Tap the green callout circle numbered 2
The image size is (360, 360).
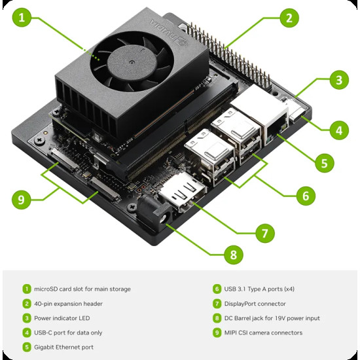coord(289,18)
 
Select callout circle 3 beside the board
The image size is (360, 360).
coord(338,81)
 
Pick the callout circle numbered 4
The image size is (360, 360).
coord(338,130)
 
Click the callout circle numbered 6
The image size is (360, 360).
coord(306,194)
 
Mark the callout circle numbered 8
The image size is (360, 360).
coord(233,254)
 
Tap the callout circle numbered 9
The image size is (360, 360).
coord(22,198)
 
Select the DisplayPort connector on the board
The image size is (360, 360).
coord(185,194)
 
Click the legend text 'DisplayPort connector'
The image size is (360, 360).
coord(255,304)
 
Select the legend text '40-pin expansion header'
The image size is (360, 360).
coord(67,304)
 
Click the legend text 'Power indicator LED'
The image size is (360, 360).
coord(63,318)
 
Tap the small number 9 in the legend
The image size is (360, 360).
coord(217,333)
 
